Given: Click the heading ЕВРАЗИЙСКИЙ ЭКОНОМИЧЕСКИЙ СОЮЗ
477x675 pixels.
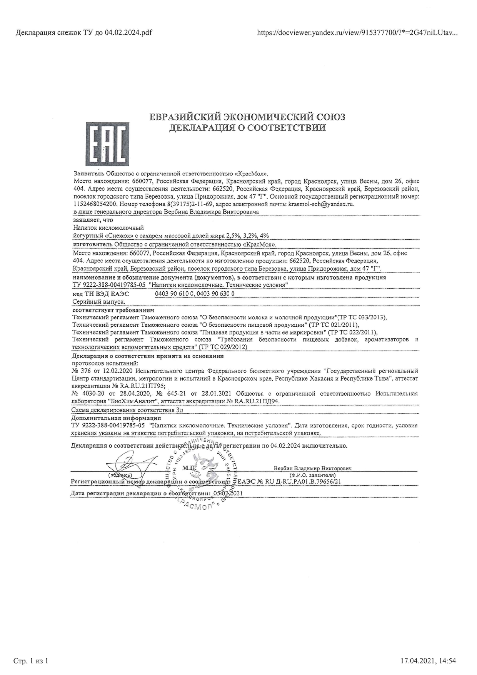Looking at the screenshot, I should pyautogui.click(x=247, y=117).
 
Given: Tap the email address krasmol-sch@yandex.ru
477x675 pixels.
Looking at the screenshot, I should pyautogui.click(x=321, y=204).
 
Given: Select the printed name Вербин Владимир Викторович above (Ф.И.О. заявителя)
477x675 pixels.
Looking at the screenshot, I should pyautogui.click(x=313, y=469).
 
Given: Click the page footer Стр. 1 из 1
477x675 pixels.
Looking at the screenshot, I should pyautogui.click(x=31, y=661).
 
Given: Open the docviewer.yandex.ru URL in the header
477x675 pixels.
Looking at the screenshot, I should pyautogui.click(x=357, y=33).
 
